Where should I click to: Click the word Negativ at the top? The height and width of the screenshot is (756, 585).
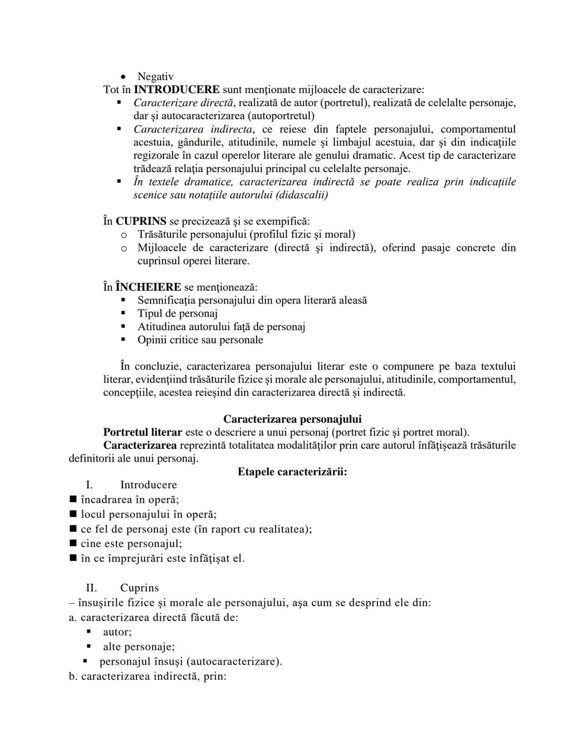pyautogui.click(x=155, y=77)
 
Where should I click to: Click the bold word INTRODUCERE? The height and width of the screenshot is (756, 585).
pyautogui.click(x=177, y=90)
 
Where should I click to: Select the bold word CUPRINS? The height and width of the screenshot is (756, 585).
pyautogui.click(x=141, y=221)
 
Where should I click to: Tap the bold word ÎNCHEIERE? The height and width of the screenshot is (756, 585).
pyautogui.click(x=148, y=287)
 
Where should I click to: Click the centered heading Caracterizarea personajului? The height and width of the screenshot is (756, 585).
pyautogui.click(x=292, y=419)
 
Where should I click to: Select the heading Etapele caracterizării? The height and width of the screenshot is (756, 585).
pyautogui.click(x=292, y=472)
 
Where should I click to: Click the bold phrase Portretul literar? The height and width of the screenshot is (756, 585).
pyautogui.click(x=142, y=432)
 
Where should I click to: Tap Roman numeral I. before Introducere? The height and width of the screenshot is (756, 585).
pyautogui.click(x=89, y=485)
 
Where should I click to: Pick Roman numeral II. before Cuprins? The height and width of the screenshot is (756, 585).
pyautogui.click(x=92, y=588)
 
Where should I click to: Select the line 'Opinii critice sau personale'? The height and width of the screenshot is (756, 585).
pyautogui.click(x=200, y=340)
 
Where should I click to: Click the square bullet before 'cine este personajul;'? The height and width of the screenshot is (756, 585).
pyautogui.click(x=73, y=544)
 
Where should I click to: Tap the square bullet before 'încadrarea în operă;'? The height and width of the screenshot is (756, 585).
pyautogui.click(x=73, y=499)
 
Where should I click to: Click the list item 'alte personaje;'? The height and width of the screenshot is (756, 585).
pyautogui.click(x=139, y=647)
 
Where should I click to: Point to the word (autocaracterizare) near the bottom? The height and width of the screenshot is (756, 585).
pyautogui.click(x=238, y=662)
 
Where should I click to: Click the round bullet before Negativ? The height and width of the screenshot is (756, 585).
pyautogui.click(x=123, y=77)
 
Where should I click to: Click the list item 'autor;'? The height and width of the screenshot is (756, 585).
pyautogui.click(x=117, y=632)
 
